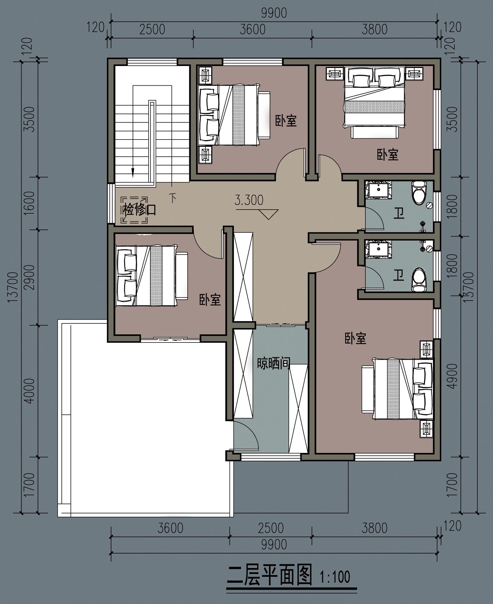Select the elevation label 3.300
[x=249, y=200]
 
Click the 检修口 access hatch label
[x=140, y=210]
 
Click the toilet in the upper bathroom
[x=419, y=191]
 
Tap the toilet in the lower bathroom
[x=419, y=279]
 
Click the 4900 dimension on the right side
[x=452, y=376]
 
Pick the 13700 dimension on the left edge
[x=13, y=287]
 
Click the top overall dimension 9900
[x=274, y=13]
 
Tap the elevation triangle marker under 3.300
[x=268, y=214]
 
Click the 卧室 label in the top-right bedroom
[x=388, y=155]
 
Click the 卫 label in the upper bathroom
[x=399, y=214]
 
